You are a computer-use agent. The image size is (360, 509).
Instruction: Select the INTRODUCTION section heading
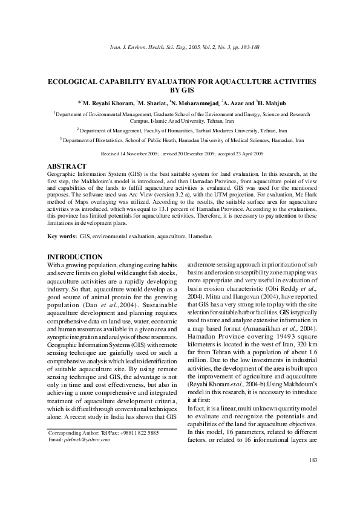tap(75, 257)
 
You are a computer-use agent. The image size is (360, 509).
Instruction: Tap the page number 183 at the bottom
tap(313, 461)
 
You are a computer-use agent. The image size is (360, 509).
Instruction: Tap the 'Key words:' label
tap(62, 234)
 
